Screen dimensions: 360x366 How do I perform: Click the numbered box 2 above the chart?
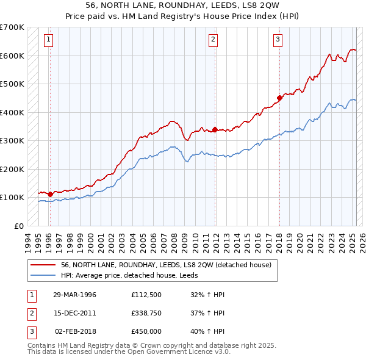[213, 40]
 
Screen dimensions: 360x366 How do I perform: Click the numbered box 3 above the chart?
[278, 40]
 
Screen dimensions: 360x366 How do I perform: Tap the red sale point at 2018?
[279, 98]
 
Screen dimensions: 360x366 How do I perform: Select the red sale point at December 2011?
[215, 129]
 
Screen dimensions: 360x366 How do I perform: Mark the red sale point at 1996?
[50, 193]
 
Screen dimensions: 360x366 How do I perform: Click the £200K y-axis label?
[13, 169]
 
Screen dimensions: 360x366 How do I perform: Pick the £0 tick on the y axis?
[20, 226]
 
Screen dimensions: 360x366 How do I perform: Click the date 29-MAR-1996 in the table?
[74, 295]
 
